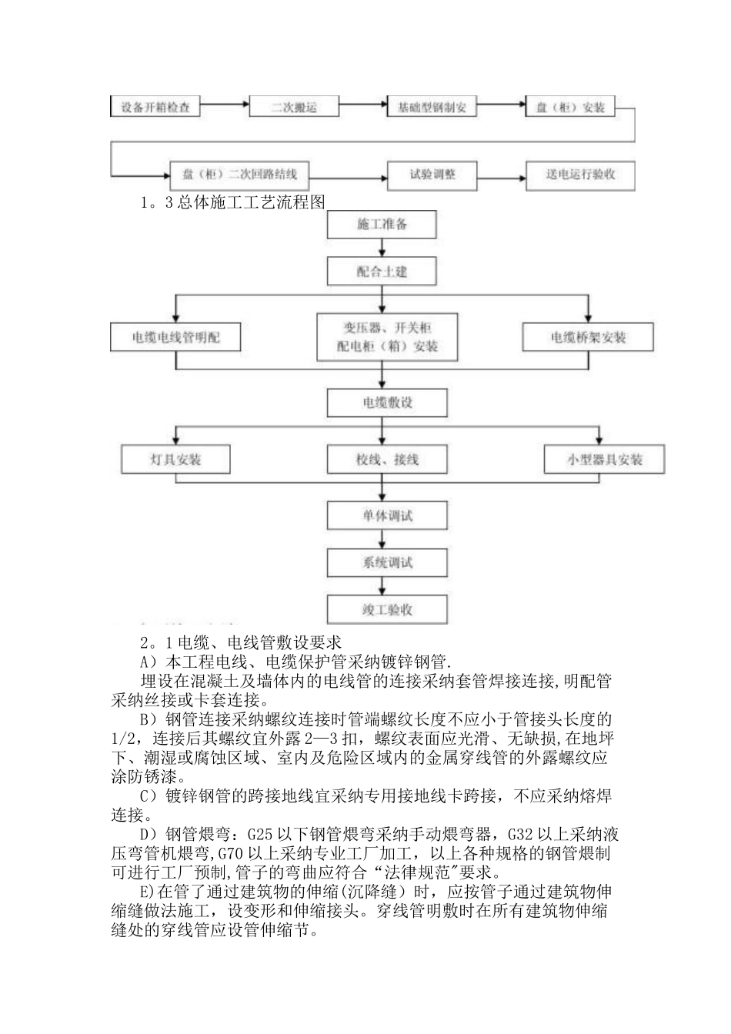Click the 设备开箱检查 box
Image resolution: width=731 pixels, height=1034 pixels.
[x=156, y=107]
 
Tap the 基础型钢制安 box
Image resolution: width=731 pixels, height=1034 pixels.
[x=431, y=107]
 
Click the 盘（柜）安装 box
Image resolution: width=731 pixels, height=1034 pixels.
[x=570, y=107]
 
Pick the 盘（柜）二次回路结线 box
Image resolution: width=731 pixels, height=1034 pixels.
[x=239, y=175]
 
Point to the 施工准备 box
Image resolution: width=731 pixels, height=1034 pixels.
[x=382, y=225]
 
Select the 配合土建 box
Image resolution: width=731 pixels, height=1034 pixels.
[x=382, y=271]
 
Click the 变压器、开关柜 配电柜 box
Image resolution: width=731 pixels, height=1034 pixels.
[x=387, y=336]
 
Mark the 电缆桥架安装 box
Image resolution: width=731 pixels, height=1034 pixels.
[x=588, y=337]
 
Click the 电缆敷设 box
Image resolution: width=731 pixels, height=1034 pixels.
[x=387, y=402]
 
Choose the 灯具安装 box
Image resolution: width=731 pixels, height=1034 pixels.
[x=175, y=459]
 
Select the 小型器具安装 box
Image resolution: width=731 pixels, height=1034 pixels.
[x=604, y=459]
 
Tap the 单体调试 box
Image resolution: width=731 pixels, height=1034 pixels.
[x=387, y=515]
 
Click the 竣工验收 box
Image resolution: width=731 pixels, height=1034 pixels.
[x=387, y=609]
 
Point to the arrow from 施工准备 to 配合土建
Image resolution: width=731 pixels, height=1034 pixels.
[x=382, y=248]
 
